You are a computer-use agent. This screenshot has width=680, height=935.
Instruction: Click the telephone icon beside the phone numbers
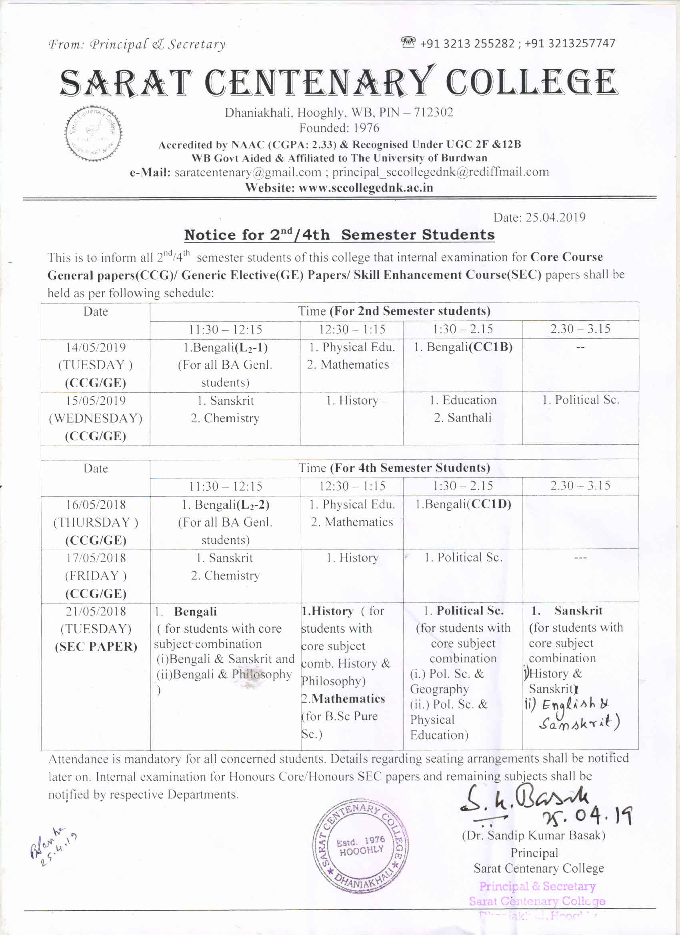pos(408,42)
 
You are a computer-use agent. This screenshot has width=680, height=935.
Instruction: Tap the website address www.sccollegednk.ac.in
pos(365,188)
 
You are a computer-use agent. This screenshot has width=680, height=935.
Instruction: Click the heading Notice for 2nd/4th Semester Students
pos(339,235)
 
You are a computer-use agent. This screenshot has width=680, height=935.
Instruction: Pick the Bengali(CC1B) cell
pos(463,347)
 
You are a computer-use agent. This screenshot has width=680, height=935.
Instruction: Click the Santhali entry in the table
pos(463,418)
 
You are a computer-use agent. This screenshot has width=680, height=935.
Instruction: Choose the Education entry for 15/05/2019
pos(463,400)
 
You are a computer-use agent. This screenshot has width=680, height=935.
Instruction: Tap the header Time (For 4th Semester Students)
pos(394,468)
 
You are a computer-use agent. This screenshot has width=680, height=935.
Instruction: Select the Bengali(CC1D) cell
pos(463,504)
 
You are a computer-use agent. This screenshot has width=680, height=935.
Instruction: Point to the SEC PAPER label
pos(96,646)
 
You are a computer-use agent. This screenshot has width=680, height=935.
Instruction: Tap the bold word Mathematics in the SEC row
pos(348,698)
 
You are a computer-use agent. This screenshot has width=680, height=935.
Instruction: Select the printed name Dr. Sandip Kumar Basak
pos(534,835)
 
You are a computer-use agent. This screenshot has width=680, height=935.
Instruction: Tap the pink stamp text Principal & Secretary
pos(537,886)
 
